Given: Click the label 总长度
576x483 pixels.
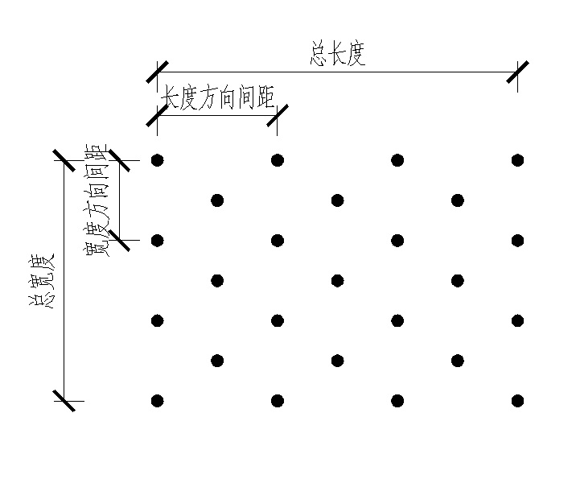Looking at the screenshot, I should coord(337,56).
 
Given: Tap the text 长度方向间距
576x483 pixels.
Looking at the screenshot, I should coord(218,97).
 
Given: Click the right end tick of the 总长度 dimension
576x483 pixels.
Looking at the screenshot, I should coord(517,72).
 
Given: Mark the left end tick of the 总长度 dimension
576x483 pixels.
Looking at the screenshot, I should coord(158,72).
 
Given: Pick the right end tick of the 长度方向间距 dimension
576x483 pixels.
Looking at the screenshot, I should coord(278,115).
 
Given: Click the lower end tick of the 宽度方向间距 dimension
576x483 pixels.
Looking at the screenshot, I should coord(119,240).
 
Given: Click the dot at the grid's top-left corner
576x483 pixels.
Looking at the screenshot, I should coord(158,160).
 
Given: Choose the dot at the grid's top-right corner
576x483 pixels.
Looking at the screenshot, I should coord(517,160).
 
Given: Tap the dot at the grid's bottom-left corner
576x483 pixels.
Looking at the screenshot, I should coord(158,400).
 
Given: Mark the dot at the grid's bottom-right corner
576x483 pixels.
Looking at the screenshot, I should coord(517,400).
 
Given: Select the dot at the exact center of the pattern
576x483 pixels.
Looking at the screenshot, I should coord(337,280).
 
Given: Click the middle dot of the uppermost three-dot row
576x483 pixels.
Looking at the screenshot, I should coord(337,200).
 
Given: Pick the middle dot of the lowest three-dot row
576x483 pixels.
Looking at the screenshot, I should coord(337,360).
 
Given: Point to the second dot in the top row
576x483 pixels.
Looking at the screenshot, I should coord(278,160).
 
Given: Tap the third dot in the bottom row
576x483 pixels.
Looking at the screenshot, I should coord(397,400).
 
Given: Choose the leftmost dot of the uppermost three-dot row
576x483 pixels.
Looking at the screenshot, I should coord(217,200).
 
